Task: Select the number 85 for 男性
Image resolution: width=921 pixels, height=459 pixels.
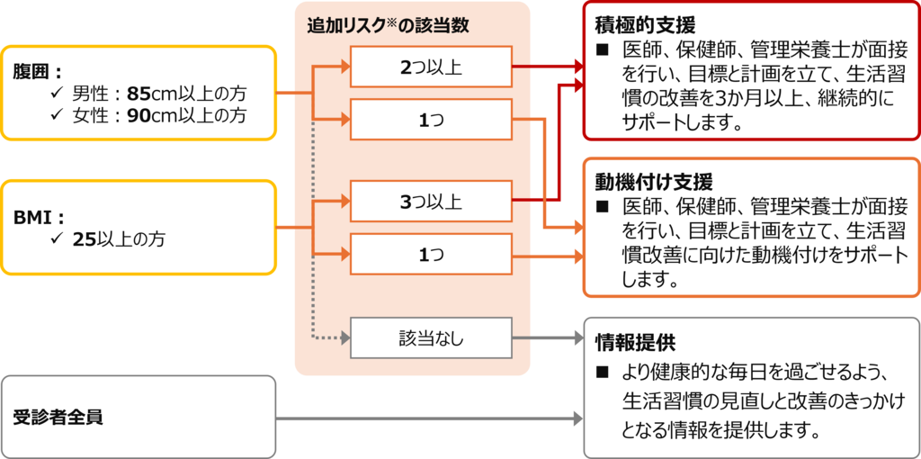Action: (141, 93)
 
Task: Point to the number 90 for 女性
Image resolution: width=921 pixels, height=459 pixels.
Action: (141, 115)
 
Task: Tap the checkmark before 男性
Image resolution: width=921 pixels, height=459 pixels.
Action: (56, 93)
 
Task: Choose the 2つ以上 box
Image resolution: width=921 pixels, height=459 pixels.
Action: (430, 67)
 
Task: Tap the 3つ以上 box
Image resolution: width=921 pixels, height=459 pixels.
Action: (430, 202)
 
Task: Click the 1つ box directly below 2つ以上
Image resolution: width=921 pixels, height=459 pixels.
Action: (430, 120)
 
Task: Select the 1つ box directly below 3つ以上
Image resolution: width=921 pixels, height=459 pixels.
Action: (430, 256)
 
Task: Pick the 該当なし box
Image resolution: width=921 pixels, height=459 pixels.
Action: (430, 338)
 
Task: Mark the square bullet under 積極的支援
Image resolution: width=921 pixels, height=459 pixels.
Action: (604, 49)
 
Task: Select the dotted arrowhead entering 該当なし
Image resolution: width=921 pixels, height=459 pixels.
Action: (342, 338)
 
